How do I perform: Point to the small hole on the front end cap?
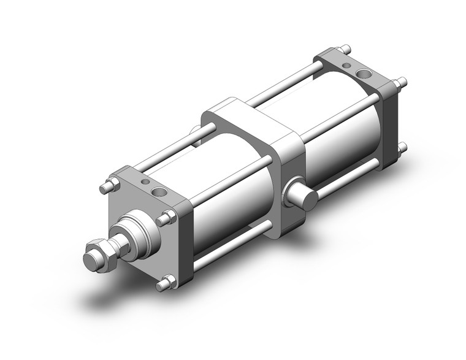pos(145,182)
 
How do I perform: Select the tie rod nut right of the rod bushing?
pos(166,217)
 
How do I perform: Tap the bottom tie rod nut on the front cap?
pos(164,283)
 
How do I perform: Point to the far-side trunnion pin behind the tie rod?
pos(195,131)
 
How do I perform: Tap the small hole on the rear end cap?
pos(347,64)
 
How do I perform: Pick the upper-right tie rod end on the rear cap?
pos(402,82)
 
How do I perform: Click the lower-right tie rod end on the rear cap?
pos(402,148)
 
